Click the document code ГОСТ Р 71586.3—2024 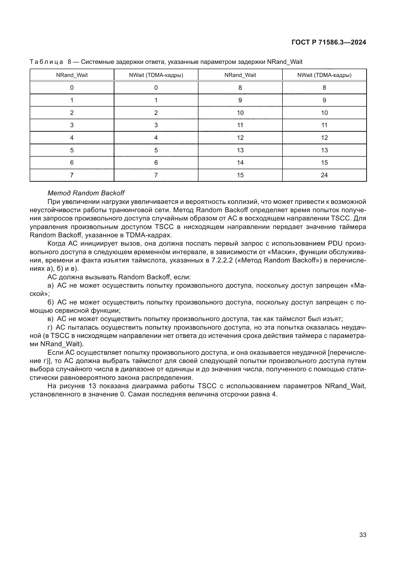tap(329, 42)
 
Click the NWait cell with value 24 tap(324, 175)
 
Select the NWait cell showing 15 tap(324, 163)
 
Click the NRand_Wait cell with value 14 tap(240, 163)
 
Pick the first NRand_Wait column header tap(72, 75)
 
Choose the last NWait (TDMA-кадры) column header tap(324, 75)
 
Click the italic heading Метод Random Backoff tap(86, 193)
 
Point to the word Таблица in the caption tap(46, 62)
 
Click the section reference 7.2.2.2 tap(222, 260)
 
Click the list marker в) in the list tap(51, 319)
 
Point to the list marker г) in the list tap(50, 328)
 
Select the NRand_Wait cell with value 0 tap(72, 88)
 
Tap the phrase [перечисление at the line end tap(347, 353)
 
